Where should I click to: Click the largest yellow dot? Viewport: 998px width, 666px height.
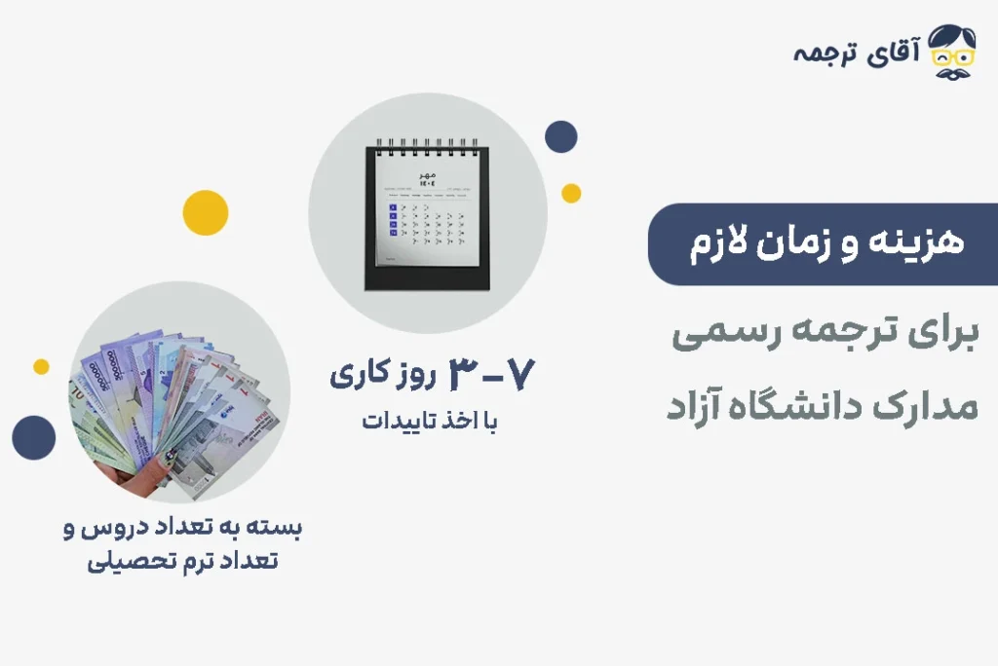click(x=206, y=212)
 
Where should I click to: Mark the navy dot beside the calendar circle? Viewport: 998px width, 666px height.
click(x=560, y=137)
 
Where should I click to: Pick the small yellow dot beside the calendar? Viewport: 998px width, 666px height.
click(x=571, y=193)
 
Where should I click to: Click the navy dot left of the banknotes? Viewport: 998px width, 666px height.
click(x=34, y=437)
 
